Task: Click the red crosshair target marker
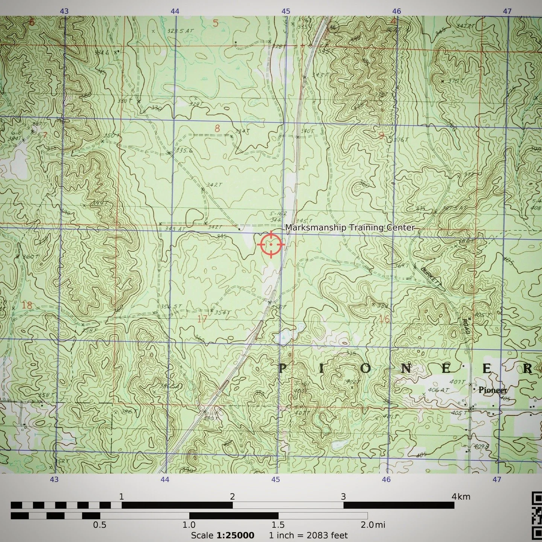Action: pyautogui.click(x=271, y=244)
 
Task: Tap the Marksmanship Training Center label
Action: pyautogui.click(x=350, y=228)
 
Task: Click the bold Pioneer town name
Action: pyautogui.click(x=493, y=390)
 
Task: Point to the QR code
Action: pyautogui.click(x=537, y=516)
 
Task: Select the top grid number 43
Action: pyautogui.click(x=64, y=11)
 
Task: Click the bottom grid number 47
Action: pyautogui.click(x=497, y=479)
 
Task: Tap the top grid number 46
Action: pyautogui.click(x=396, y=11)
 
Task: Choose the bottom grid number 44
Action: pyautogui.click(x=165, y=479)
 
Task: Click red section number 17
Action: pyautogui.click(x=202, y=319)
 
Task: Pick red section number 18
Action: pyautogui.click(x=27, y=305)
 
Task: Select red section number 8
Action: pyautogui.click(x=217, y=128)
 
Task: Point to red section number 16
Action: pyautogui.click(x=384, y=319)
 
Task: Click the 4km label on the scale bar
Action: pyautogui.click(x=461, y=496)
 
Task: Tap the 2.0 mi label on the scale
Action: pyautogui.click(x=373, y=525)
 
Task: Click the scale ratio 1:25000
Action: pyautogui.click(x=235, y=535)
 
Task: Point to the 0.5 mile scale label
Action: pyautogui.click(x=100, y=525)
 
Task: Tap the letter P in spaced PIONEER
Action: pyautogui.click(x=282, y=369)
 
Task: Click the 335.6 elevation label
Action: pyautogui.click(x=184, y=151)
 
